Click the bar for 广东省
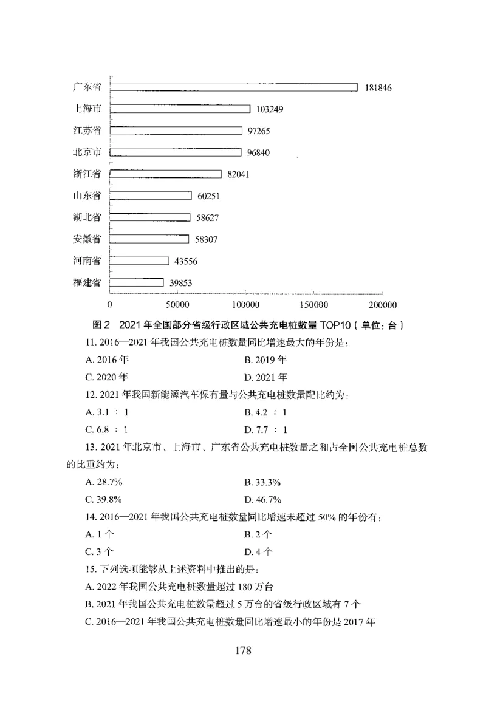click(x=233, y=87)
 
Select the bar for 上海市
click(x=180, y=109)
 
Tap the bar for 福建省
click(x=137, y=282)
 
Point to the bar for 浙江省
click(x=166, y=174)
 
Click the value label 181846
click(x=378, y=88)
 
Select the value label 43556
click(x=184, y=261)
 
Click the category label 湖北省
click(x=87, y=217)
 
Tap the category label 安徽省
click(x=87, y=239)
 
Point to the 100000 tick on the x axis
click(x=247, y=304)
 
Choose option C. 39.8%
click(x=105, y=499)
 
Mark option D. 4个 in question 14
click(x=258, y=552)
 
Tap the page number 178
click(x=242, y=650)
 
